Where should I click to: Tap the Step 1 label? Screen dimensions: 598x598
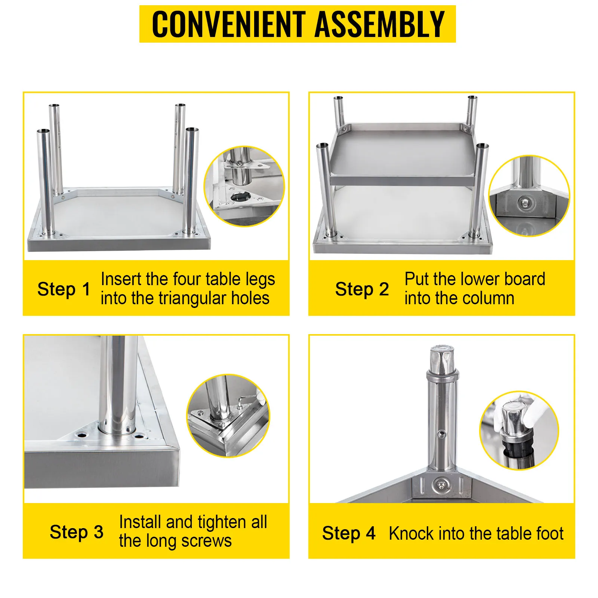(64, 289)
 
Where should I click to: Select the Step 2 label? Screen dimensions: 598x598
(362, 289)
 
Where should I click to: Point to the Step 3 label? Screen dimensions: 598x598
(76, 532)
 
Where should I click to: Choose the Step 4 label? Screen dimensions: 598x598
(348, 533)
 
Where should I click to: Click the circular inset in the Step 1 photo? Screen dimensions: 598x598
(244, 186)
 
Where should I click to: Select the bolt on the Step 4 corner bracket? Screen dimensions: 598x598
(441, 485)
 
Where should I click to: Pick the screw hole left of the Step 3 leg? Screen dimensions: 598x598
(81, 435)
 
